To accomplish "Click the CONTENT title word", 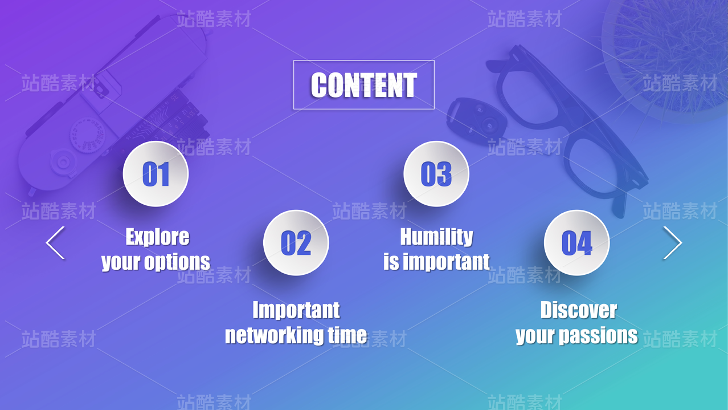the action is (x=363, y=85).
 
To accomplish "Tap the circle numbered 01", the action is (x=156, y=174).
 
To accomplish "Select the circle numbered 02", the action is (x=296, y=243).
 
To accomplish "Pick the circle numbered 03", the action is (x=436, y=174).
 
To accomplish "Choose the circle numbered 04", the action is (x=577, y=243).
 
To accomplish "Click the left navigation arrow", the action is (x=55, y=243).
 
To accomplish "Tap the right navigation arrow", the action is (x=673, y=243).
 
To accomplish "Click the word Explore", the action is (x=158, y=237).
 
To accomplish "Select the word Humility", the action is (x=436, y=237).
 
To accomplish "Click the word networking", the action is (x=275, y=335).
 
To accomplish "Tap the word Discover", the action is (x=579, y=310).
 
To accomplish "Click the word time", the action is (x=347, y=335).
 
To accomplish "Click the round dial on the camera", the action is (x=87, y=135).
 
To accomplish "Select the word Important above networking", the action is (x=296, y=310).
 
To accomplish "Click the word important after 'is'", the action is (x=446, y=262).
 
